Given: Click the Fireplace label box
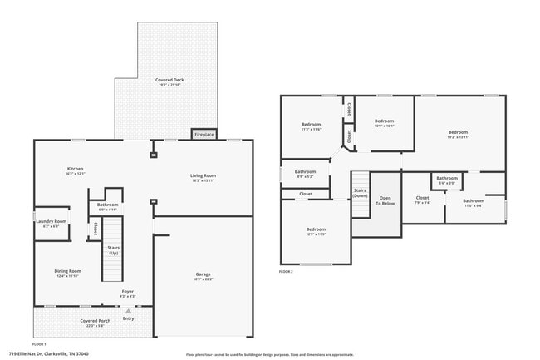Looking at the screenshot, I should click(204, 134).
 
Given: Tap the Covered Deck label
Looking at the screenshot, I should click(169, 82).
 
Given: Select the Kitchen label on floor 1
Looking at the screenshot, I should click(76, 171).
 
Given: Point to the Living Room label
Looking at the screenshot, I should click(203, 178).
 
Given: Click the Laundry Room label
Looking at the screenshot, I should click(51, 223).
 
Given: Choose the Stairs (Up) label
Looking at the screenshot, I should click(113, 250).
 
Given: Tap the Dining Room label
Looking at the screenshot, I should click(68, 273).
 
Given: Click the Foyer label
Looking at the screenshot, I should click(127, 293).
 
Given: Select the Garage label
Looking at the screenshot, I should click(203, 276).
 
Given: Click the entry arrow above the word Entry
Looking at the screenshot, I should click(128, 310).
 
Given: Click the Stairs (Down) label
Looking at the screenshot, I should click(360, 193).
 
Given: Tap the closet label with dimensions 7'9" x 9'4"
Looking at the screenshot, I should click(422, 200).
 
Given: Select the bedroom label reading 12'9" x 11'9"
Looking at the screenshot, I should click(316, 231).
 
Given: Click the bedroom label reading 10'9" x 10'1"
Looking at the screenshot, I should click(384, 123).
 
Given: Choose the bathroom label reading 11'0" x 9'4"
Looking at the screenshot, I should click(474, 202).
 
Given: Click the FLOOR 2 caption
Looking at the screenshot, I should click(286, 271).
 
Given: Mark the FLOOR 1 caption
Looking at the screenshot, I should click(39, 343).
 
